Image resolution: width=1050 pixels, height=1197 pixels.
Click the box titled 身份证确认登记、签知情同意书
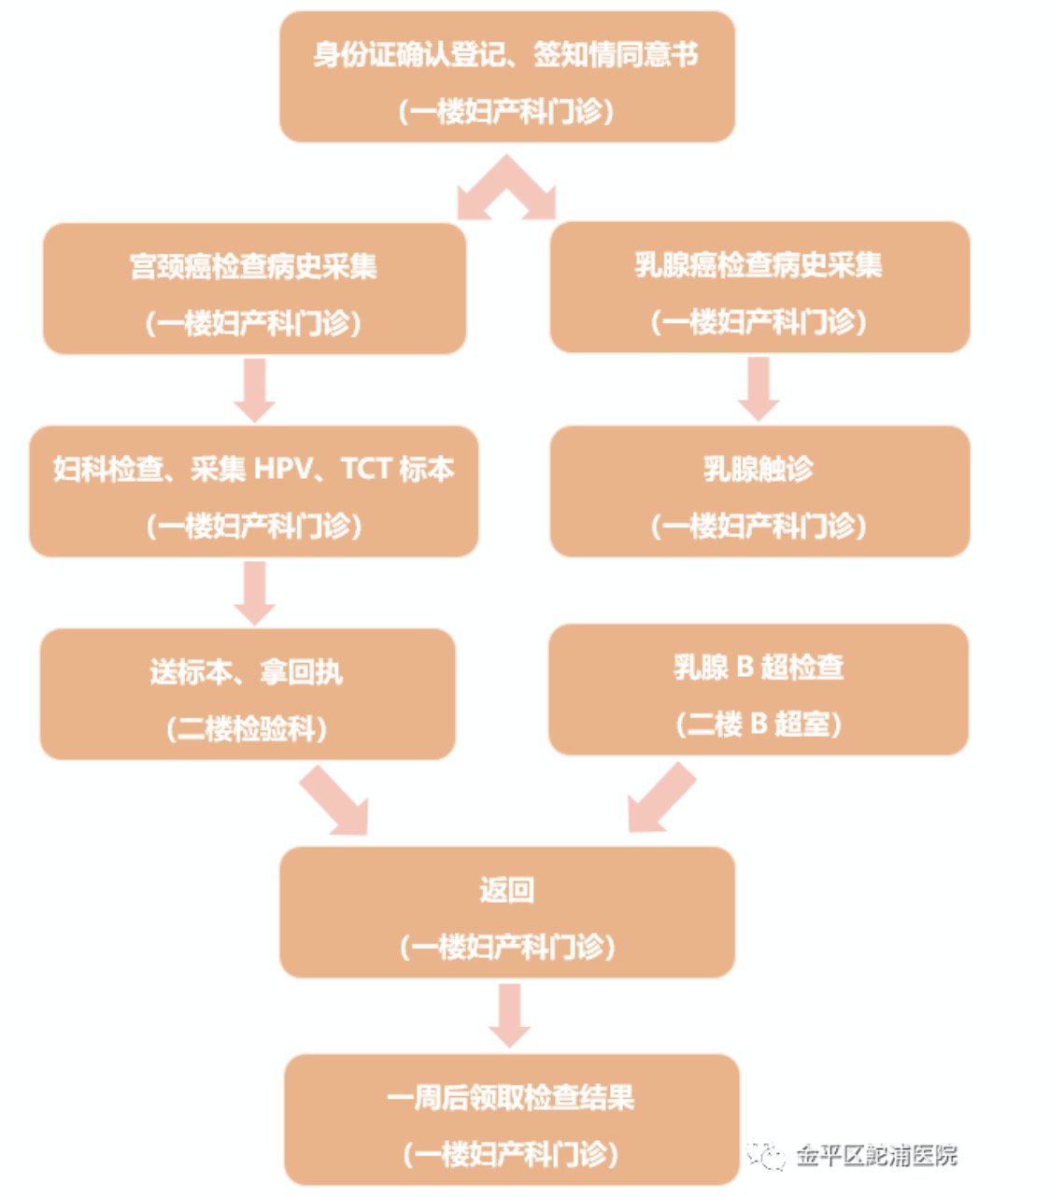point(507,77)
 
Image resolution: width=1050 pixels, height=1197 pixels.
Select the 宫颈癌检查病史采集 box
point(254,289)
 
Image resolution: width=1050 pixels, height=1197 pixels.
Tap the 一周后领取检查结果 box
point(511,1120)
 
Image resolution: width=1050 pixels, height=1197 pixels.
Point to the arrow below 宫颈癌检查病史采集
point(254,389)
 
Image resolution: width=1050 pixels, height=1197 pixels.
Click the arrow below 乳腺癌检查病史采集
point(759,387)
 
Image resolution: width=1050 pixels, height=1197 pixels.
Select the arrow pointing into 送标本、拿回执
point(254,592)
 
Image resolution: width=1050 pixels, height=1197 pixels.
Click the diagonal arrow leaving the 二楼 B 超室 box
point(660,798)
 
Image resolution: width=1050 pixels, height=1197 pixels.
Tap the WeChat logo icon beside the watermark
point(768,1156)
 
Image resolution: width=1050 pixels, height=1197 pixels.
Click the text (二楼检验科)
point(248,727)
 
